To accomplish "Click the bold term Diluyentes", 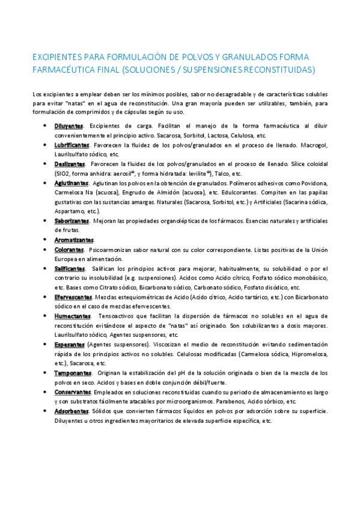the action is [x=70, y=126].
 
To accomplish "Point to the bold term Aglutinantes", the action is [x=72, y=183].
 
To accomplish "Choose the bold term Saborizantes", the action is [x=72, y=221].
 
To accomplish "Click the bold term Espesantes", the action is [x=69, y=344].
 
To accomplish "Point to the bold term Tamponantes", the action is [x=72, y=373].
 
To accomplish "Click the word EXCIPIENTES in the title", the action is [x=57, y=57].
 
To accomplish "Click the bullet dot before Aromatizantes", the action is [x=46, y=239].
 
